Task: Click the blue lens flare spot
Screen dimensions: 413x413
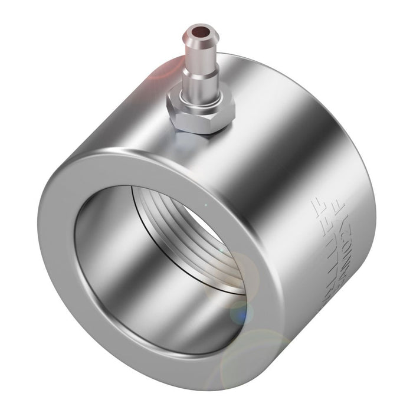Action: (239, 313)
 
